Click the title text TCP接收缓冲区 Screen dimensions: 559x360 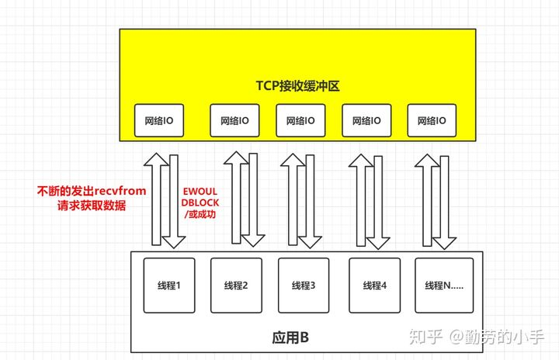[297, 86]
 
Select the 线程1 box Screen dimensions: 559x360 [169, 286]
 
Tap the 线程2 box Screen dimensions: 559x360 [236, 286]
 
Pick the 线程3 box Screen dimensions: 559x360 [304, 286]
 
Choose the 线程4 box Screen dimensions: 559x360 [375, 286]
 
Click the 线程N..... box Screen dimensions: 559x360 [444, 286]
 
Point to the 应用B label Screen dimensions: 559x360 [290, 337]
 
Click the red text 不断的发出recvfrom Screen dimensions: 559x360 [92, 191]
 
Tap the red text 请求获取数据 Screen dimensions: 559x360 [92, 206]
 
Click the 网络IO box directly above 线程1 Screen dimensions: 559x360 [159, 120]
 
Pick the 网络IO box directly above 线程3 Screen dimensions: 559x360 [300, 120]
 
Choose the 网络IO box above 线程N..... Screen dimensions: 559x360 [432, 120]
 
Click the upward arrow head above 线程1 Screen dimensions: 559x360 [157, 160]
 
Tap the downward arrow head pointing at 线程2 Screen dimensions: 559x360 [253, 241]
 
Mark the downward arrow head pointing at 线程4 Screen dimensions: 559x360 [378, 243]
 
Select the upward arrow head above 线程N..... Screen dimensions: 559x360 [427, 161]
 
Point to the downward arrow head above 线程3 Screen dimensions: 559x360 [310, 242]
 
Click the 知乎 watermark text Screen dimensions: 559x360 [425, 337]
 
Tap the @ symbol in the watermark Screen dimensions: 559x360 [457, 337]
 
